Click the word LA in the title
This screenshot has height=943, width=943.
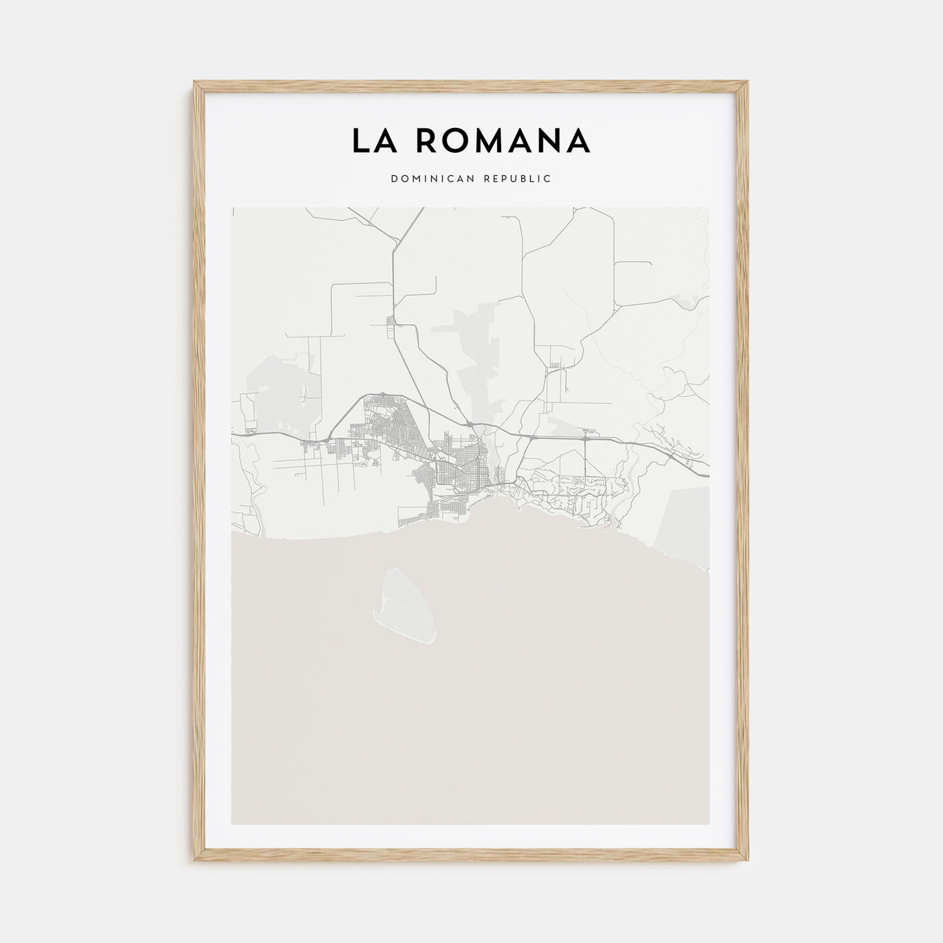tap(372, 141)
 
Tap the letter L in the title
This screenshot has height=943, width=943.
tap(360, 141)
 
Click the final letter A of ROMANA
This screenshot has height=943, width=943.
tap(579, 141)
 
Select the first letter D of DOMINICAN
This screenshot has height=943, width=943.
tap(393, 179)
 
